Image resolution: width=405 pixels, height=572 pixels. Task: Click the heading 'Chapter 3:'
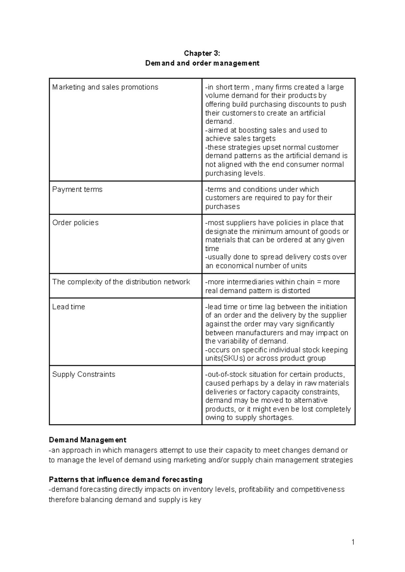[x=202, y=53]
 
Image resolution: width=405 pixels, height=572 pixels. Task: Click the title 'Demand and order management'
[x=202, y=63]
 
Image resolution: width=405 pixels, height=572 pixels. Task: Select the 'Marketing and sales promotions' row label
[x=105, y=87]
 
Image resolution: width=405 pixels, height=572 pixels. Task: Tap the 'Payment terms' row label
[x=77, y=189]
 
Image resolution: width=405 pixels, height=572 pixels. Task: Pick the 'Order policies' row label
[x=75, y=223]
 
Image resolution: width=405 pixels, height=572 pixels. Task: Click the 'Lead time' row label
[x=69, y=307]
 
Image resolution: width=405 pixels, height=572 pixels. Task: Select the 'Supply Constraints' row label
[x=84, y=374]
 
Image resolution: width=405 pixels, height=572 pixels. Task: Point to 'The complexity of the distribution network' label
[x=121, y=282]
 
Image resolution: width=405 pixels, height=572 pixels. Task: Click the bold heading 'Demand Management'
[x=87, y=440]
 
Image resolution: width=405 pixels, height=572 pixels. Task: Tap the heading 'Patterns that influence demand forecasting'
[x=126, y=479]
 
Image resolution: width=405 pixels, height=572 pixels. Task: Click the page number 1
[x=353, y=542]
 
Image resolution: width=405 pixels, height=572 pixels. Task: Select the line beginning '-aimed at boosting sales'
[x=266, y=130]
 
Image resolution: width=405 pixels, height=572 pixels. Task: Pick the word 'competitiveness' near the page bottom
[x=318, y=490]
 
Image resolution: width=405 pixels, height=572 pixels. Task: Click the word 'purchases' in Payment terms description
[x=222, y=207]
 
